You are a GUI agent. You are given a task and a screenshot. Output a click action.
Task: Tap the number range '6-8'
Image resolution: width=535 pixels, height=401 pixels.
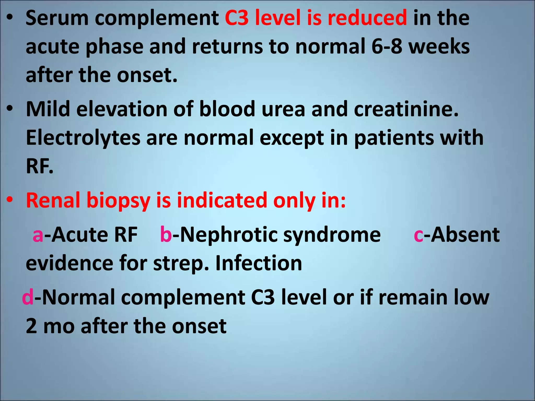point(387,46)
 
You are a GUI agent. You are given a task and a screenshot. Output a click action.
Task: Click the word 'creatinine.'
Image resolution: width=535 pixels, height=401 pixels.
point(406,109)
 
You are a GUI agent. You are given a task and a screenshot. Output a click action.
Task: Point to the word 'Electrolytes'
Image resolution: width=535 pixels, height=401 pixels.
point(83,138)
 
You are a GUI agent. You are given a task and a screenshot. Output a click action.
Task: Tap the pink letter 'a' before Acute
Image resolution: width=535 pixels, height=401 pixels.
point(38,235)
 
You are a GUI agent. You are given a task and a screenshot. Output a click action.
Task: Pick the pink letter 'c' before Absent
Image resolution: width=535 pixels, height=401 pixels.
point(418,235)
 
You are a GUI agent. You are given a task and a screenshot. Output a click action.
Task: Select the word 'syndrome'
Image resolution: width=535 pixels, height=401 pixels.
point(332,235)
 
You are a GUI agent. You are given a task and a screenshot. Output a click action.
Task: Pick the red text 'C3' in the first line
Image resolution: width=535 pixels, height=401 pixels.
point(237,18)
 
